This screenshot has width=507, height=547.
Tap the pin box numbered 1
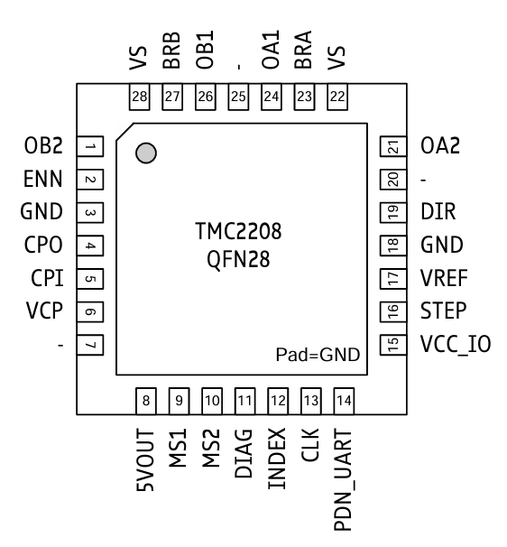pos(89,146)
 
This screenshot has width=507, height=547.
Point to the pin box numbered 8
pos(147,398)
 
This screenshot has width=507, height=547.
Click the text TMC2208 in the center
pos(238,234)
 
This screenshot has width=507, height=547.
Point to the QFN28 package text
pos(238,262)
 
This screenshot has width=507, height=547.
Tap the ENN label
pos(42,180)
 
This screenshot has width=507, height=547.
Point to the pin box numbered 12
pos(278,398)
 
